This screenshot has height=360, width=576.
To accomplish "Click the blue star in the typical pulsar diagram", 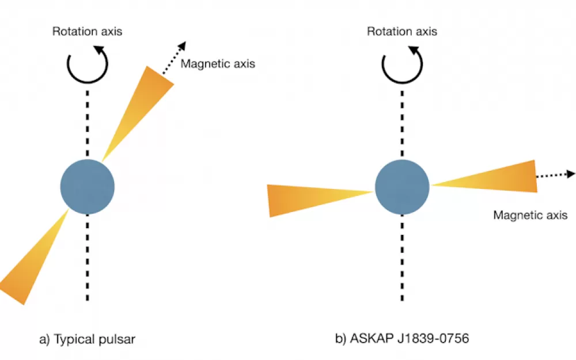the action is point(88,187).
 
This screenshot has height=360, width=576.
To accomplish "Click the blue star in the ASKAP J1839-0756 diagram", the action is point(402,187).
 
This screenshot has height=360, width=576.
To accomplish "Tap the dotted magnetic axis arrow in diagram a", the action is point(174,58).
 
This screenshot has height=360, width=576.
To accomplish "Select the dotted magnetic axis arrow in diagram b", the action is point(555,175).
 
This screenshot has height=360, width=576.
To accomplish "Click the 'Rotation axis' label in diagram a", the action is point(88,32).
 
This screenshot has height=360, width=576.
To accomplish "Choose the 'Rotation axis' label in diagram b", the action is point(402,32).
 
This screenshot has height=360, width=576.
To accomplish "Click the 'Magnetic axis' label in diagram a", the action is point(218,64).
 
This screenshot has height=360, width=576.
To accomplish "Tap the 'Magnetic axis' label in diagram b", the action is point(530,215).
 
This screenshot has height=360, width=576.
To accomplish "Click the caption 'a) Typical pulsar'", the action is point(87,339).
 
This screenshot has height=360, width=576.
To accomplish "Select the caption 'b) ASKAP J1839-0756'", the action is point(402,338).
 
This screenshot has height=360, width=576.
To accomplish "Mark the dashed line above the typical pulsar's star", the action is point(88,124).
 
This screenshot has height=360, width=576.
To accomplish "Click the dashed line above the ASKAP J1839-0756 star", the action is point(402,124).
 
